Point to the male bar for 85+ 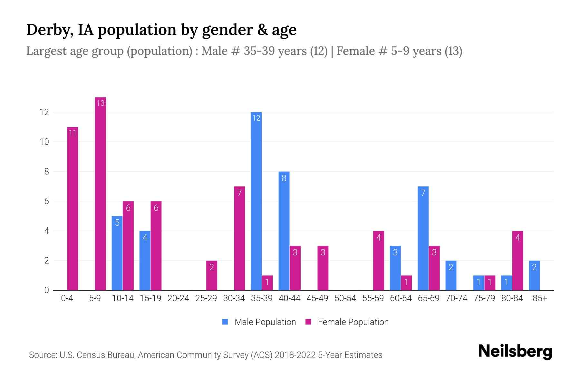[534, 276]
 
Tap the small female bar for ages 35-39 [267, 283]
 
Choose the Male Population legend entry [259, 322]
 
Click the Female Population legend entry [347, 322]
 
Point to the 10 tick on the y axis [44, 142]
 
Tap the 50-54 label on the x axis [345, 298]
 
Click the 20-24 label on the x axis [178, 298]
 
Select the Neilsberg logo [515, 352]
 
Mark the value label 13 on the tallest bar [101, 103]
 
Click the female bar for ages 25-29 [212, 276]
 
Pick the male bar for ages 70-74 [451, 276]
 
